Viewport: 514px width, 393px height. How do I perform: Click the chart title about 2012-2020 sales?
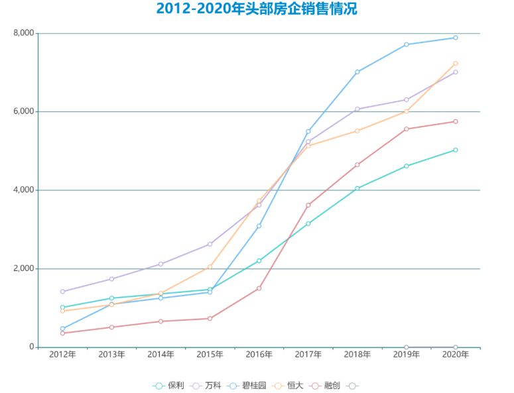click(x=257, y=9)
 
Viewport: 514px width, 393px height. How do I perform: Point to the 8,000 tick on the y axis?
click(x=23, y=33)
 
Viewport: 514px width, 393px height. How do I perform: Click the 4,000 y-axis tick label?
click(x=23, y=190)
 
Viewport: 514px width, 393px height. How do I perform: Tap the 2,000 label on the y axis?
click(x=23, y=268)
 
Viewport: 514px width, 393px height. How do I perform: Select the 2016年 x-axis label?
click(x=259, y=355)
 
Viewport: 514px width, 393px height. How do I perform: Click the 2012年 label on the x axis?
click(x=62, y=355)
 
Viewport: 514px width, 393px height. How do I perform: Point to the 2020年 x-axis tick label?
click(x=455, y=355)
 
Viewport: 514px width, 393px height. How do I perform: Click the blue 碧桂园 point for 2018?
click(x=357, y=72)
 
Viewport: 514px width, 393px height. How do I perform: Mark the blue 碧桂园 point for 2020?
click(x=455, y=38)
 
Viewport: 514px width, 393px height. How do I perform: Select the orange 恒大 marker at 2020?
click(x=455, y=64)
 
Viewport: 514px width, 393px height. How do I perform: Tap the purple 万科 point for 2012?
click(x=62, y=292)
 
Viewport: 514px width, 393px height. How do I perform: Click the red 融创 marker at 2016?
click(x=259, y=288)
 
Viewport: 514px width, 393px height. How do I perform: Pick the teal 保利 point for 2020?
click(x=455, y=150)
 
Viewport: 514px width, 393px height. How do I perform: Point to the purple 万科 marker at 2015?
click(x=210, y=245)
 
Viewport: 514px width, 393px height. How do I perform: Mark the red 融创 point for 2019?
click(x=406, y=129)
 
